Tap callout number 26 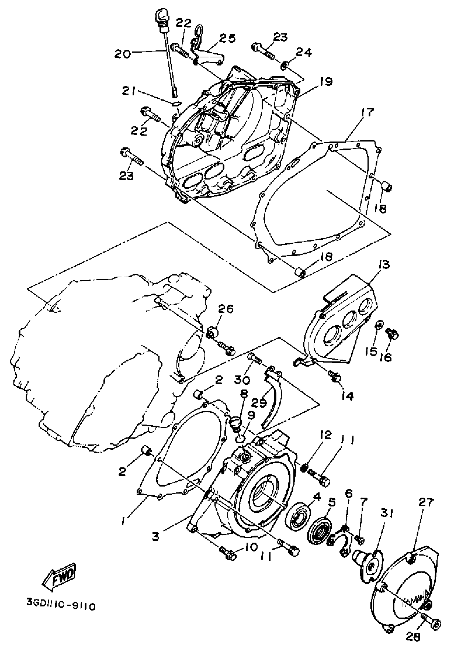[x=226, y=309]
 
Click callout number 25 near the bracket [x=227, y=38]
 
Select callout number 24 [x=303, y=52]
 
